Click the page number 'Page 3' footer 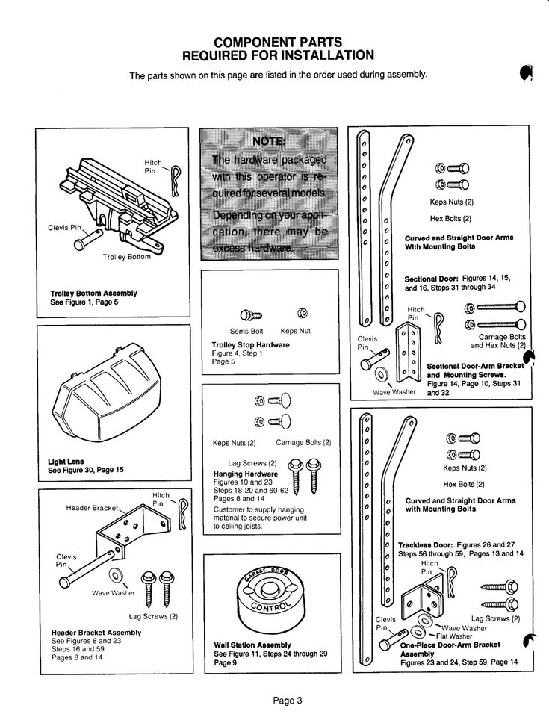pyautogui.click(x=287, y=701)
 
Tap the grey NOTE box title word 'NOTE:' pyautogui.click(x=267, y=142)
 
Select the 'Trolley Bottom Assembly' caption pyautogui.click(x=93, y=294)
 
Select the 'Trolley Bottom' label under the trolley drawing pyautogui.click(x=127, y=258)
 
